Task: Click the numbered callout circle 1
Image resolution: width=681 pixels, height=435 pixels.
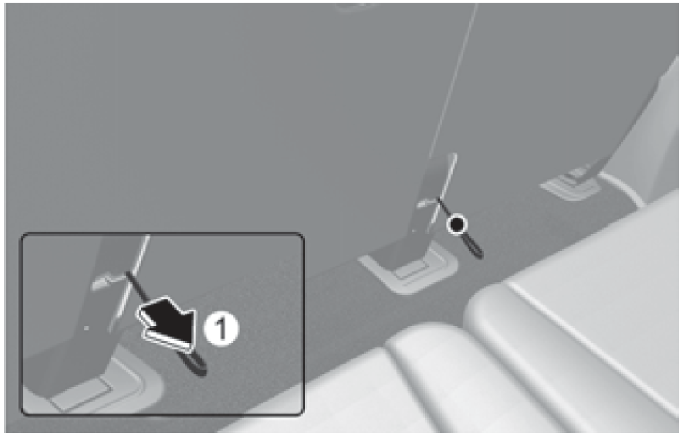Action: [222, 328]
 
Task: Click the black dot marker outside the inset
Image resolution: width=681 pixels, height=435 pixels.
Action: [457, 225]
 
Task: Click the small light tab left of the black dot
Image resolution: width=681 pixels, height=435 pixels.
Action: [426, 203]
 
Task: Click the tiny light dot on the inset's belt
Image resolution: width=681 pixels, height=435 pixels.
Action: [87, 328]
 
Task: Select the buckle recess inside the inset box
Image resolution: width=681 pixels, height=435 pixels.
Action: [91, 386]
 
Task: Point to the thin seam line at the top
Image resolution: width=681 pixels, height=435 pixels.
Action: [453, 76]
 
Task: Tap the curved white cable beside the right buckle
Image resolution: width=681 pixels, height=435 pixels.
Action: [623, 188]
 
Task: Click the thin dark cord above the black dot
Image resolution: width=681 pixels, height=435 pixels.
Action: [444, 208]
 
